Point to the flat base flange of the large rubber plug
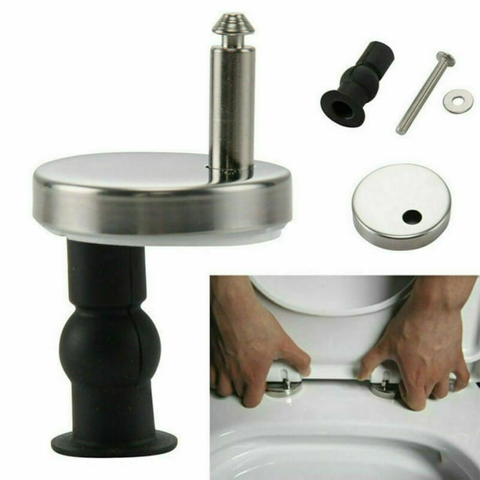pos(114,443)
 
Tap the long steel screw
pos(424,94)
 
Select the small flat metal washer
pos(458,101)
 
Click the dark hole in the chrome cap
pos(411,216)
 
